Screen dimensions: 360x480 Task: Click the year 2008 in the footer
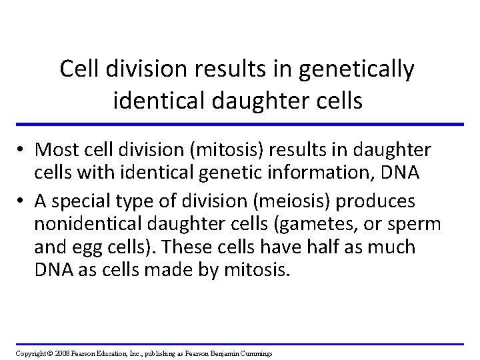[x=61, y=353]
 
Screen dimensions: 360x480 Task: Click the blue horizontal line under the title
[x=240, y=124]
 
